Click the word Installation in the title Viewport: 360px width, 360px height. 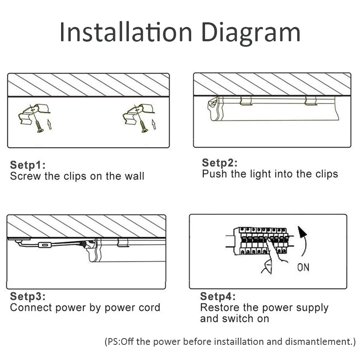coord(125,32)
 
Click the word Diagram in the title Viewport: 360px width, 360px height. coord(251,34)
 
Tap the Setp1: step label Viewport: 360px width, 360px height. coord(28,165)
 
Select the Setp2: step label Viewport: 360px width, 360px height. coord(220,163)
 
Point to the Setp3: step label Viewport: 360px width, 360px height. coord(28,296)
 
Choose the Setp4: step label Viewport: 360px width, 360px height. coord(218,296)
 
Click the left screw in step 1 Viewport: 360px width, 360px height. coord(39,126)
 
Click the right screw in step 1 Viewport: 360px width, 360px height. coord(144,126)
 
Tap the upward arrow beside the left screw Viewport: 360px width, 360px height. coord(49,124)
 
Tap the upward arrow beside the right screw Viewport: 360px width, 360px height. coord(154,124)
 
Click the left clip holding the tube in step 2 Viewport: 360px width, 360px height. coord(245,101)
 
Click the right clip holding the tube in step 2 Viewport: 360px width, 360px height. coord(311,101)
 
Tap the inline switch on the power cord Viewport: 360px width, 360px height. coord(45,245)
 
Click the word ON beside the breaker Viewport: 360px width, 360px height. coord(303,267)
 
